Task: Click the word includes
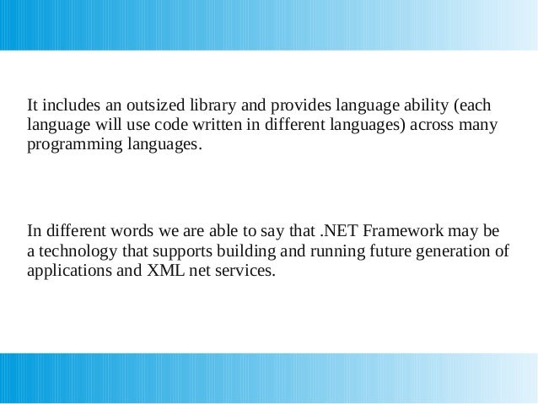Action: coord(70,107)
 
